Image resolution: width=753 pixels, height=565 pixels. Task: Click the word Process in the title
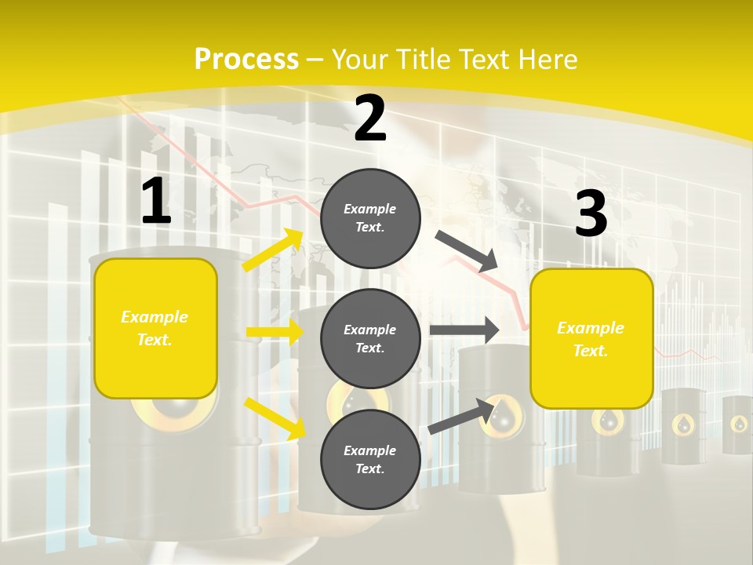pos(246,59)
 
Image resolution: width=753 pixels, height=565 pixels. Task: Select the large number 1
pos(155,202)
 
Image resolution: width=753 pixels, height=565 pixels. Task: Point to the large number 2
pos(370,118)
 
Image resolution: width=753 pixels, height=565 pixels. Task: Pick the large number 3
pos(591,214)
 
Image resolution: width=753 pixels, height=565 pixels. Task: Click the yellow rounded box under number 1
pos(155,328)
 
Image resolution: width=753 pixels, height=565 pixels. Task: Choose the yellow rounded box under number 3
pos(591,339)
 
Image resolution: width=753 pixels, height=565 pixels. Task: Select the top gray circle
pos(370,218)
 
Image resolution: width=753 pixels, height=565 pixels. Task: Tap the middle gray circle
pos(370,338)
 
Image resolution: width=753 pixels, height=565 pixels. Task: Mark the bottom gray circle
pos(370,459)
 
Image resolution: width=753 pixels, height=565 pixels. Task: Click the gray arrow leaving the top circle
pos(467,250)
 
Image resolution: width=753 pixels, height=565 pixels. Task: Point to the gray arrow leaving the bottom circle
pos(461,417)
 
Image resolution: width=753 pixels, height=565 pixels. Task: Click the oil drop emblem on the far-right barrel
pos(739,424)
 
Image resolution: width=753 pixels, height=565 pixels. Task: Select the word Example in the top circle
pos(370,209)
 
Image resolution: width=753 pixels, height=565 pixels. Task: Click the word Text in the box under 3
pos(590,351)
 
